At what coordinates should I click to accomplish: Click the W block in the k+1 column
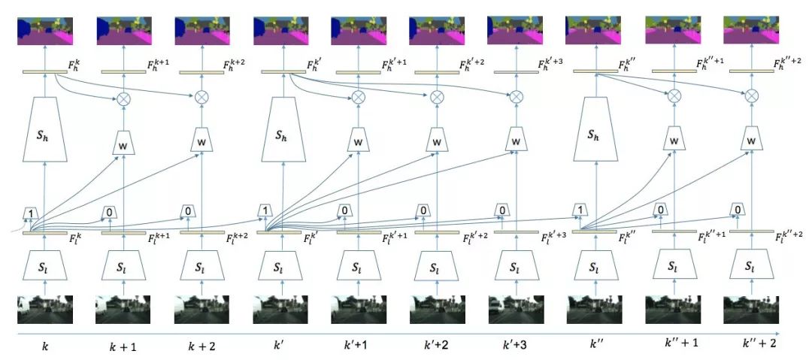pyautogui.click(x=123, y=141)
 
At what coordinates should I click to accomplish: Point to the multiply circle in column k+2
pyautogui.click(x=201, y=97)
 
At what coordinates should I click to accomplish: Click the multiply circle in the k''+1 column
pyautogui.click(x=674, y=96)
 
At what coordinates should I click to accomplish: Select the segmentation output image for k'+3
pyautogui.click(x=517, y=30)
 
